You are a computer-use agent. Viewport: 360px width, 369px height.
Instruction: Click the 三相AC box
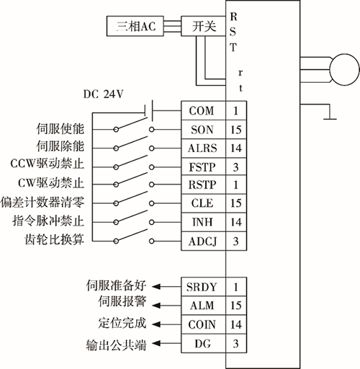[135, 26]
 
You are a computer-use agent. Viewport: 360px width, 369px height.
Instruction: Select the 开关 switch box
[203, 26]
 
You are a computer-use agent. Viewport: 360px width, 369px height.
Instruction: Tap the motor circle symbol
[345, 70]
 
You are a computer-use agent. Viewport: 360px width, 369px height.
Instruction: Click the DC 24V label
[103, 94]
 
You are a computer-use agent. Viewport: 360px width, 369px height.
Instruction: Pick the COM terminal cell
[203, 111]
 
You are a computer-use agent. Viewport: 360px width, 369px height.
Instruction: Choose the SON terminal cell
[203, 130]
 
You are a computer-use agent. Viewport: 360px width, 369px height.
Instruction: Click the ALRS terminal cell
[203, 148]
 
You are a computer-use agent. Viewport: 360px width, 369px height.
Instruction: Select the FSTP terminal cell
[203, 166]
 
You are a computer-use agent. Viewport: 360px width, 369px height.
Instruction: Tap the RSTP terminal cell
[203, 184]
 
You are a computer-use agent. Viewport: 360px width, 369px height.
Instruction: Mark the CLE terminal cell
[203, 203]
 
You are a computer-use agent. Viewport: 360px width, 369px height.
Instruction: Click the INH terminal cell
[203, 222]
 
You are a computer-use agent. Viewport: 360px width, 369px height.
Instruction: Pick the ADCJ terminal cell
[203, 241]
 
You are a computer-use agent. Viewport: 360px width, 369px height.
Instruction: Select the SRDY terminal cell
[203, 287]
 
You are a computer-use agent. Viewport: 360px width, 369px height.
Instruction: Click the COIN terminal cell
[203, 324]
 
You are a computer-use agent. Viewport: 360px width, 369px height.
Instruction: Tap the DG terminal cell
[203, 344]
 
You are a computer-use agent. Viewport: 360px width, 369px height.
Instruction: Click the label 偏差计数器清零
[42, 203]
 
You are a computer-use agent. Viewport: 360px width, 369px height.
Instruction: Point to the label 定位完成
[122, 323]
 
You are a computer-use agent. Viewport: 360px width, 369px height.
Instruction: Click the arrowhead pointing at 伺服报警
[156, 306]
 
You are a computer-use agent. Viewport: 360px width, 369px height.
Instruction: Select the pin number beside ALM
[236, 306]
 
